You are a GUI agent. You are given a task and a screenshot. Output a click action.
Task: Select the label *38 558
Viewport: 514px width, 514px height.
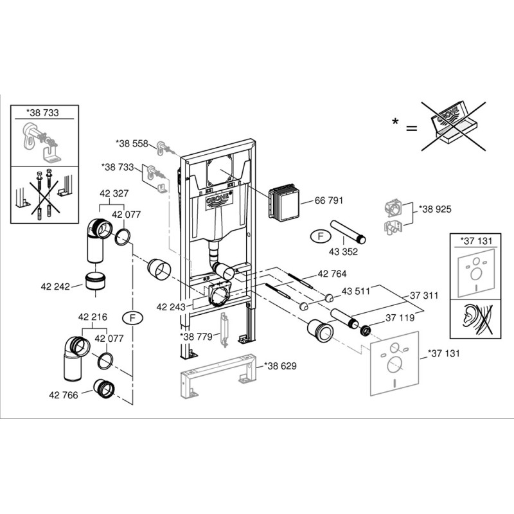point(131,143)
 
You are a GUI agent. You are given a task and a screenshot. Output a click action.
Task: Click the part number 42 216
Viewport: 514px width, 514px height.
point(93,317)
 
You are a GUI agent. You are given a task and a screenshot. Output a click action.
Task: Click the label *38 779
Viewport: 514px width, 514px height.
point(195,335)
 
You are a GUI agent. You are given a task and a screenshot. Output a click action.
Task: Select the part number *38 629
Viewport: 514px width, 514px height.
point(280,366)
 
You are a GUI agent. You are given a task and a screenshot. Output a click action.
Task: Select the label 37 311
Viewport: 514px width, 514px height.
point(425,296)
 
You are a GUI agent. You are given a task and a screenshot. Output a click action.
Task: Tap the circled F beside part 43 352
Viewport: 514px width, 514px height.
point(318,236)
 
